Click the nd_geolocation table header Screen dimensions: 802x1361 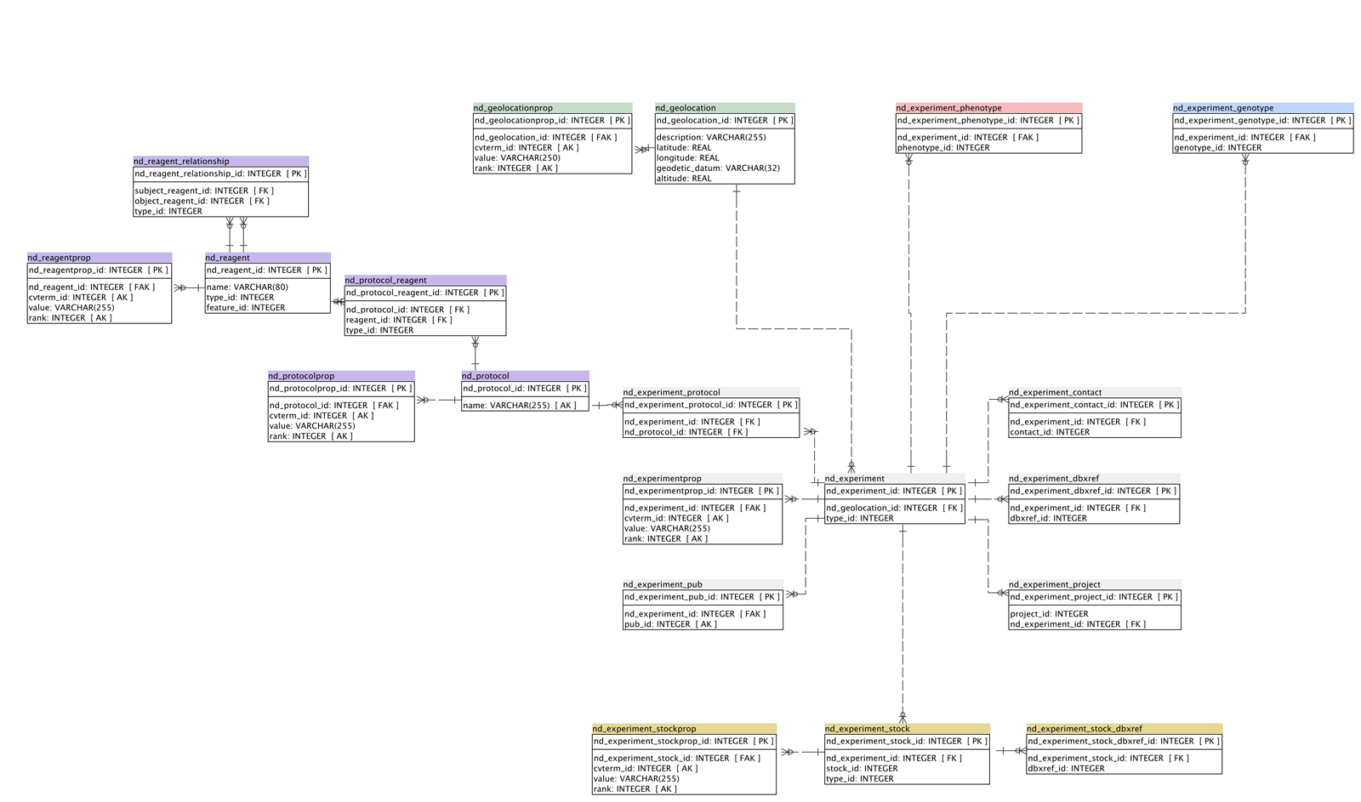724,108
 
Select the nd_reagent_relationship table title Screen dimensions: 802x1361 220,162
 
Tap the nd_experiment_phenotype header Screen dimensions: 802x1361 988,108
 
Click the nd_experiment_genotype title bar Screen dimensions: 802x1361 1262,108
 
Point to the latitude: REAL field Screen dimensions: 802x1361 684,148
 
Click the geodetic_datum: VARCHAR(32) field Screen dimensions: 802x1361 718,168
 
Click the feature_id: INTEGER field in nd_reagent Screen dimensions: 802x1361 246,308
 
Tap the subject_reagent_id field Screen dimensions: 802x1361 204,191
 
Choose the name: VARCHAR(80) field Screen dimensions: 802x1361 248,287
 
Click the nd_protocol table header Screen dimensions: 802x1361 525,376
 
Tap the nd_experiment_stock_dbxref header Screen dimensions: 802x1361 1124,729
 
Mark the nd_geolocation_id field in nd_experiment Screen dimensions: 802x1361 894,509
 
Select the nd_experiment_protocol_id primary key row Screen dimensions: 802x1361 710,406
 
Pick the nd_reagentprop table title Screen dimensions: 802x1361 100,258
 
